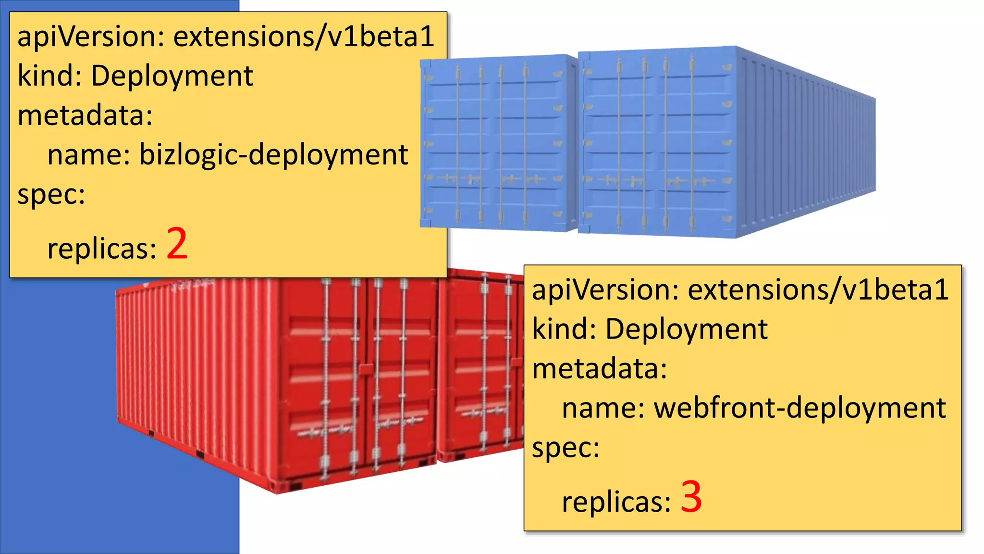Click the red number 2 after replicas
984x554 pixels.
tap(177, 244)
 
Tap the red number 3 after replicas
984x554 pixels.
tap(691, 497)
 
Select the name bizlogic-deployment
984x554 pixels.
tap(273, 155)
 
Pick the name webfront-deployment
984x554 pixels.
tap(799, 408)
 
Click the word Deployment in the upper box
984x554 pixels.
tap(172, 76)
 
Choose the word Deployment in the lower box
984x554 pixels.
tap(686, 329)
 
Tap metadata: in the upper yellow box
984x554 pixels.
tap(85, 115)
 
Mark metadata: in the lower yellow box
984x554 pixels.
tap(600, 369)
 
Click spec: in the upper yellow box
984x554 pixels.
tap(51, 194)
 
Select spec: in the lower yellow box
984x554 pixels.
tap(566, 448)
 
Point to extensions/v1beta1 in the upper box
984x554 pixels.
tap(304, 37)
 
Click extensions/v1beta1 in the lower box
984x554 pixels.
tap(818, 290)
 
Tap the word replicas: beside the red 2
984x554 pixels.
tap(102, 249)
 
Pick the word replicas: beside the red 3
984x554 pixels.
tap(616, 502)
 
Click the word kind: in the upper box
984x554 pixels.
tap(49, 76)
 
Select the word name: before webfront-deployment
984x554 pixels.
tap(603, 408)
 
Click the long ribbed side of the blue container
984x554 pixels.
tap(807, 144)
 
